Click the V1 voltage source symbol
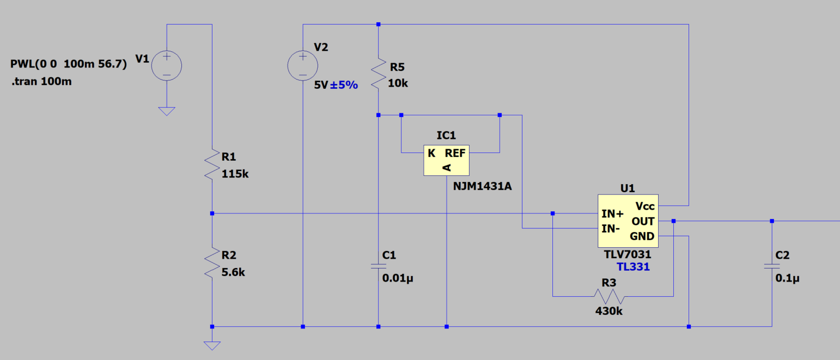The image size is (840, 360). (167, 65)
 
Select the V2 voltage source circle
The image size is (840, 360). (303, 65)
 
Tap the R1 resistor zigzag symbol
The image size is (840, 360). (212, 164)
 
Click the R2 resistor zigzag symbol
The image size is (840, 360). (212, 263)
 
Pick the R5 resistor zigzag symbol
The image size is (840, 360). (379, 74)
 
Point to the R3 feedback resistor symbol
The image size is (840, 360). (609, 296)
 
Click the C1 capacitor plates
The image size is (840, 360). (379, 266)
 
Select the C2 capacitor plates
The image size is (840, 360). (772, 266)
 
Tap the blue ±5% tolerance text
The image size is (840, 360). (344, 85)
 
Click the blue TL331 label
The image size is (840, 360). (633, 267)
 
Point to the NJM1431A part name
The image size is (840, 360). (482, 186)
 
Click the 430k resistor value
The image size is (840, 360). (609, 311)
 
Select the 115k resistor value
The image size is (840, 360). (235, 174)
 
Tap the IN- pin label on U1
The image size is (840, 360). (611, 228)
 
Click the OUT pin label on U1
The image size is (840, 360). (643, 221)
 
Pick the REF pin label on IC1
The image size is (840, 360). (455, 153)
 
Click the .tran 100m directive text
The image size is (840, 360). (41, 81)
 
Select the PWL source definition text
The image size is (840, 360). (69, 64)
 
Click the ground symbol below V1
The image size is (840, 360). (167, 111)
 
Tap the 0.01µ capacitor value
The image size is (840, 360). (398, 278)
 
